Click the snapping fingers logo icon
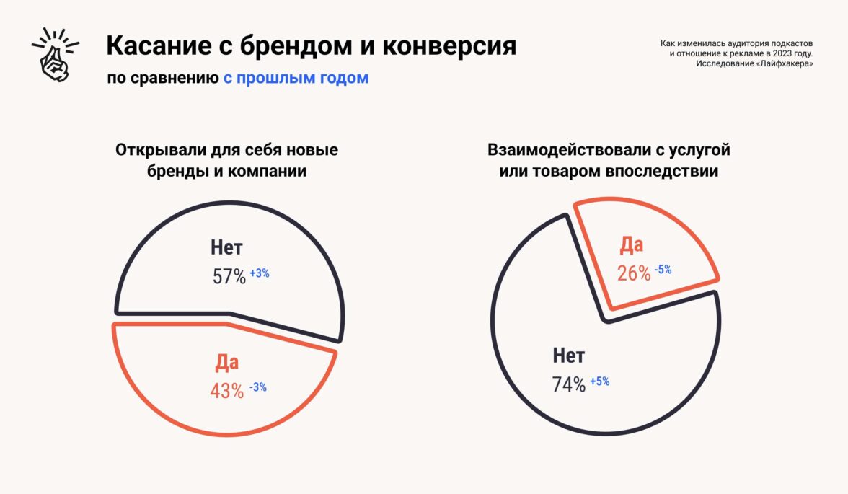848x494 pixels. click(x=55, y=55)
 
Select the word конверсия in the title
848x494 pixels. click(x=449, y=46)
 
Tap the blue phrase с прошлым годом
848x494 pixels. click(x=296, y=78)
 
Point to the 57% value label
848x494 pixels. click(x=229, y=276)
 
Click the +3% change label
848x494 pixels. click(x=260, y=273)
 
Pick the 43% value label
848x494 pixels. click(x=227, y=391)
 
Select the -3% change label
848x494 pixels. click(x=258, y=387)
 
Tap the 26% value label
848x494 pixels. click(x=634, y=273)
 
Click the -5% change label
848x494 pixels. click(x=663, y=270)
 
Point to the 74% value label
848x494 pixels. click(x=569, y=385)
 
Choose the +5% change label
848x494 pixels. click(x=599, y=381)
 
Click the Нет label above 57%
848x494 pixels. click(x=226, y=248)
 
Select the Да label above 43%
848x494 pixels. click(x=226, y=363)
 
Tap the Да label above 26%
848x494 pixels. click(x=631, y=245)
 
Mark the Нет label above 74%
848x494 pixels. click(x=569, y=356)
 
